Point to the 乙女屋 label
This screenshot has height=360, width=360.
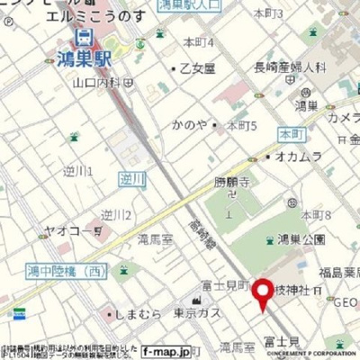click(197, 68)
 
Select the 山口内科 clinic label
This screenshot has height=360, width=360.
click(95, 83)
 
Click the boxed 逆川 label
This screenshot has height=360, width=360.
click(131, 179)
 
